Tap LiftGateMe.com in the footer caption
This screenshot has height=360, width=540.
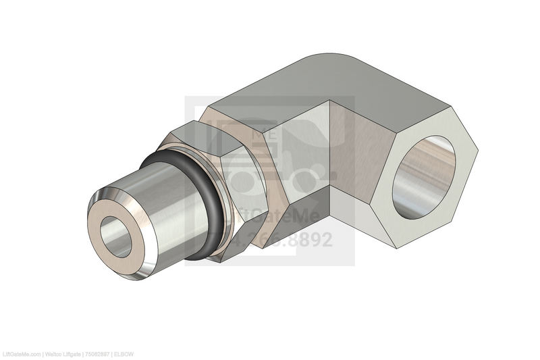tap(21, 354)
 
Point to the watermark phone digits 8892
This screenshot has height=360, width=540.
tap(307, 240)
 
